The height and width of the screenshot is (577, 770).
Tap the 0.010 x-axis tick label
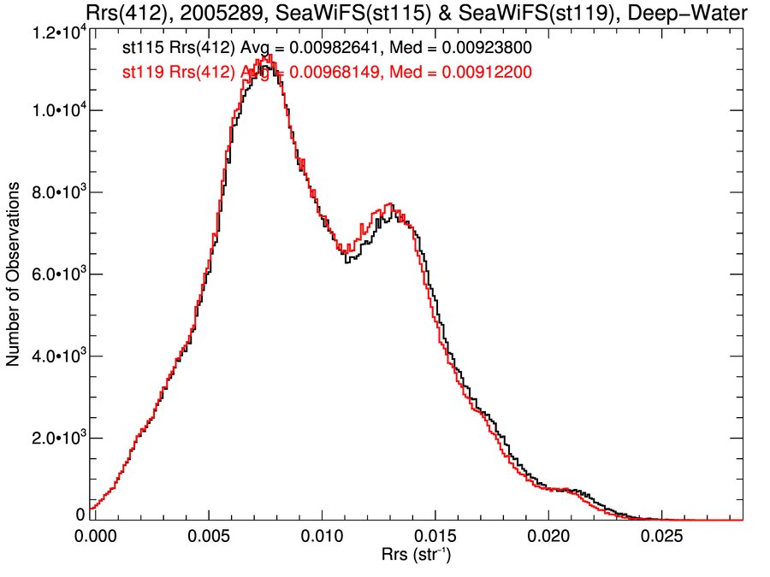point(322,536)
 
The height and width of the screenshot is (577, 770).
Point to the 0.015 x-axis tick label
point(435,536)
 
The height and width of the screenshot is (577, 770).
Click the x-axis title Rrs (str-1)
point(417,556)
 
